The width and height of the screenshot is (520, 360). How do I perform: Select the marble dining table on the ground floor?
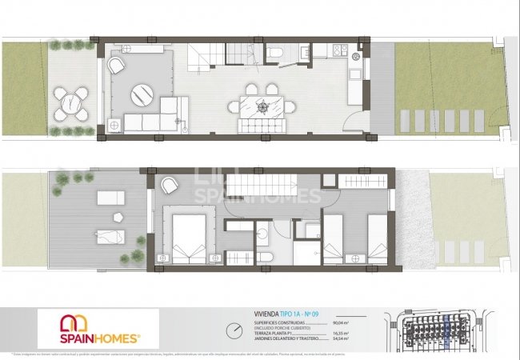point(262,106)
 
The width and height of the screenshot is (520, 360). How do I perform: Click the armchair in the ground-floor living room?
point(118,65)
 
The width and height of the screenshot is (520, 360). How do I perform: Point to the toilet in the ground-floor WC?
point(274,53)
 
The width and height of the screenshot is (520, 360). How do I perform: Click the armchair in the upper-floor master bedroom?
point(169,186)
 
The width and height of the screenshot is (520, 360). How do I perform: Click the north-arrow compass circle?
point(233,330)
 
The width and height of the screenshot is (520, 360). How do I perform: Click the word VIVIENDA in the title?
point(257,314)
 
